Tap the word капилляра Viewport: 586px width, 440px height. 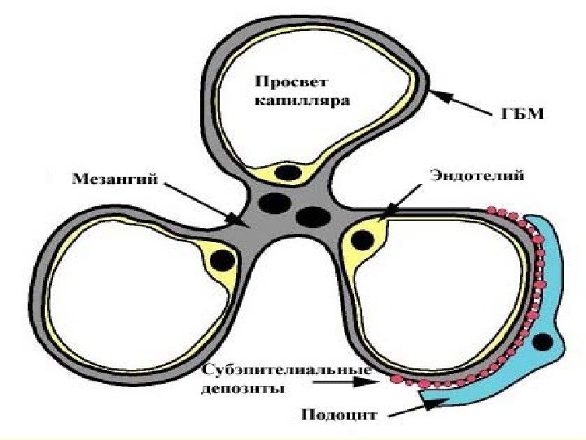click(x=301, y=102)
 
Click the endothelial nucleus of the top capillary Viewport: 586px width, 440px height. click(x=287, y=173)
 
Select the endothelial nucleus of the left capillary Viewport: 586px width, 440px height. click(x=221, y=261)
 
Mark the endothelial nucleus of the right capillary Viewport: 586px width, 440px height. click(x=364, y=240)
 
